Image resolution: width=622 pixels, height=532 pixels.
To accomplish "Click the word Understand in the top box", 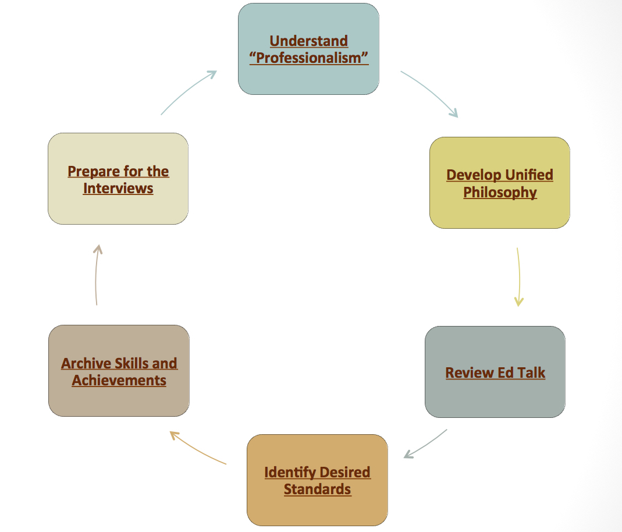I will click(x=309, y=41).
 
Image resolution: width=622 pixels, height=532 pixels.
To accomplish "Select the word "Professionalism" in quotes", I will click(x=309, y=58).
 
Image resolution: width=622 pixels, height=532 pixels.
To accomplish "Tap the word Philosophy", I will click(x=500, y=192).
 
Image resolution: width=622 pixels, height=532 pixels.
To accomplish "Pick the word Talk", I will click(x=530, y=373).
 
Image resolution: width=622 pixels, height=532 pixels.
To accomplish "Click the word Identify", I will click(x=286, y=472).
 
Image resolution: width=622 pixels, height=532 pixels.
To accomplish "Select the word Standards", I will click(x=317, y=489).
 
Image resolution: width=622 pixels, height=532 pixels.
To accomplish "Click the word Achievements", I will click(x=119, y=381).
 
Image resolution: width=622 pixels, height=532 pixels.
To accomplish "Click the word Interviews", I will click(x=118, y=189).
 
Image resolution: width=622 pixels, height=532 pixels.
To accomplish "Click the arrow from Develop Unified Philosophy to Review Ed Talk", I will click(x=518, y=276).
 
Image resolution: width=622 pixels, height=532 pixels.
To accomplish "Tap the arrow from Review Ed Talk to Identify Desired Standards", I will click(x=425, y=444).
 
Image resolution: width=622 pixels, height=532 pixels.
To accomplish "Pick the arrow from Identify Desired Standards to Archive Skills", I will click(x=197, y=448).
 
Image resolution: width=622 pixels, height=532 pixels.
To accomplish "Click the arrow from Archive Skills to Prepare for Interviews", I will click(x=97, y=274).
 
